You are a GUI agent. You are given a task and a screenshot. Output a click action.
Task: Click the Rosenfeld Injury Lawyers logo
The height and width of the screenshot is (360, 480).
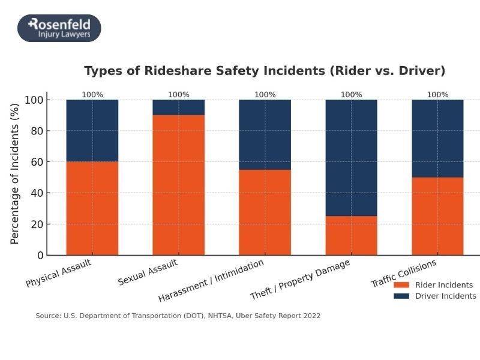pyautogui.click(x=59, y=28)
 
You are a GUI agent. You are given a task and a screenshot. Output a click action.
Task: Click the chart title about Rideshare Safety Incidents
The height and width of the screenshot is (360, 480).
pyautogui.click(x=265, y=71)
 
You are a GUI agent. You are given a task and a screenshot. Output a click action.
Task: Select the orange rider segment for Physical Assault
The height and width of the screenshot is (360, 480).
pyautogui.click(x=92, y=208)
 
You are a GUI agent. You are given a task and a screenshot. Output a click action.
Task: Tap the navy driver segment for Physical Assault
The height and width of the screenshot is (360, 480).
pyautogui.click(x=92, y=130)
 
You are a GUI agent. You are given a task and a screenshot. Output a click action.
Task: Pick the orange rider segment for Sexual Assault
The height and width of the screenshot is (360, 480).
pyautogui.click(x=178, y=185)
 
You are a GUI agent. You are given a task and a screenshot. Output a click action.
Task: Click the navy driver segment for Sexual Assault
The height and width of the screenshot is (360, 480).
pyautogui.click(x=178, y=107)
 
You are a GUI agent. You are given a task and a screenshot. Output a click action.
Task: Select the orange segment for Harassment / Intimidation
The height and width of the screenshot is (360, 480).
pyautogui.click(x=265, y=212)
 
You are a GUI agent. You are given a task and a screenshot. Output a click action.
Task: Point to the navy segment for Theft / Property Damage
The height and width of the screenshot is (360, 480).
pyautogui.click(x=351, y=158)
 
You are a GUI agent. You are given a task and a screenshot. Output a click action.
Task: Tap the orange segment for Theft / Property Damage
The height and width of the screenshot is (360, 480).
pyautogui.click(x=351, y=235)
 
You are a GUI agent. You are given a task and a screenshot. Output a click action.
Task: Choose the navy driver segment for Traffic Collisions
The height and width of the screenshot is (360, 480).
pyautogui.click(x=437, y=138)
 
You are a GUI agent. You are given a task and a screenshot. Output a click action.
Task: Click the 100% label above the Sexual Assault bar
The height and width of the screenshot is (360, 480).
pyautogui.click(x=178, y=94)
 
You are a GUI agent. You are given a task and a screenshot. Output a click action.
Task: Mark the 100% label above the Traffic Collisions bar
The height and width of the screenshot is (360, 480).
pyautogui.click(x=437, y=94)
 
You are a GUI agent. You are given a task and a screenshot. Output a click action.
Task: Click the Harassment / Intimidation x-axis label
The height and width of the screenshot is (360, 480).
pyautogui.click(x=211, y=281)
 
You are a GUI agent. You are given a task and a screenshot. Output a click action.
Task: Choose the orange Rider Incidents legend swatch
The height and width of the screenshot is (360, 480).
pyautogui.click(x=401, y=285)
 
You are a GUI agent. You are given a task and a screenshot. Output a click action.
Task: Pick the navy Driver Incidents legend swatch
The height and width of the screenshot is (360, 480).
pyautogui.click(x=401, y=296)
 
